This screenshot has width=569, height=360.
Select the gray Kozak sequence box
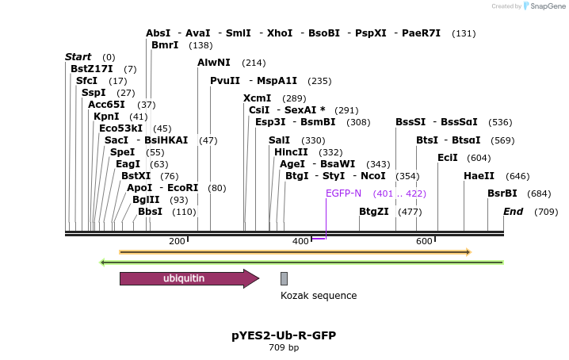(284, 278)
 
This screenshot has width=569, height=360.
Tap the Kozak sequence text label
(319, 296)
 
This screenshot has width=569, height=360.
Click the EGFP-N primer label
(343, 193)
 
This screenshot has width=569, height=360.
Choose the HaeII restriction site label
(479, 175)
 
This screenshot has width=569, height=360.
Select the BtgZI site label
(374, 212)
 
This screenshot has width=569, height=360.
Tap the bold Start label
(78, 57)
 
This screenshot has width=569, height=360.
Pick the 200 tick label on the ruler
(177, 241)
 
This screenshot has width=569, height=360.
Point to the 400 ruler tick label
(300, 241)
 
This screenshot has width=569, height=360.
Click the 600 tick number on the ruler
(424, 241)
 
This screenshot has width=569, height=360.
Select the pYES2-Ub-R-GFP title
(284, 335)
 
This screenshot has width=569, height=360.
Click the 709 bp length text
(284, 347)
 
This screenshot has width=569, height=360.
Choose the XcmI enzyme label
(257, 98)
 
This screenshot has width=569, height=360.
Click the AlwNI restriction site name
(214, 63)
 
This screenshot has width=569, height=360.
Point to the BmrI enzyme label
(165, 45)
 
